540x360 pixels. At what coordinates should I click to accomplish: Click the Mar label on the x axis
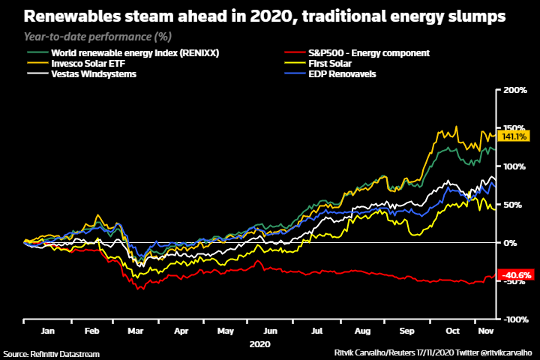click(136, 330)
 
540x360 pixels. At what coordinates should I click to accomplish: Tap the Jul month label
click(317, 330)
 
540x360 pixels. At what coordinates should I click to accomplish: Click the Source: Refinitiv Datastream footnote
click(51, 352)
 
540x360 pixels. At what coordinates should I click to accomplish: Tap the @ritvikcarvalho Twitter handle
click(504, 352)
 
